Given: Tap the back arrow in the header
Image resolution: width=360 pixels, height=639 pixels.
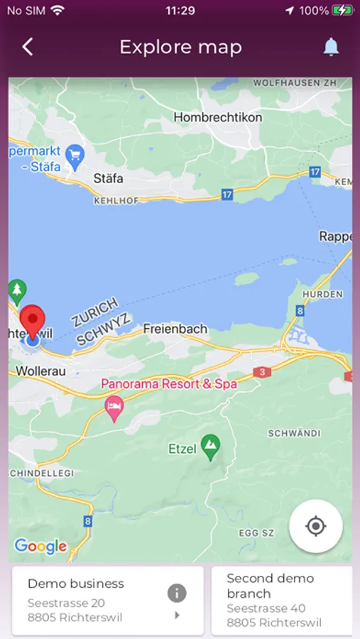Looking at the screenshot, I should click(x=28, y=48).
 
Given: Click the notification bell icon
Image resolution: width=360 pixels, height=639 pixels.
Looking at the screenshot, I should click(x=331, y=48).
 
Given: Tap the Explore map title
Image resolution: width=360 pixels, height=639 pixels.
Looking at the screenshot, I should click(x=180, y=48).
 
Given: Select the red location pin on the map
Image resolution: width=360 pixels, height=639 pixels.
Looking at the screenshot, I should click(x=32, y=321).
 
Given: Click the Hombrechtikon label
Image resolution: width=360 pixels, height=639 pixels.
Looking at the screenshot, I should click(x=217, y=117).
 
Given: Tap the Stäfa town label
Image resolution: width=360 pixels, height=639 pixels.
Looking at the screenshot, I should click(x=108, y=178).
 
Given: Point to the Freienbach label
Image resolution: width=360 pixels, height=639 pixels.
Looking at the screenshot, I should click(x=175, y=329).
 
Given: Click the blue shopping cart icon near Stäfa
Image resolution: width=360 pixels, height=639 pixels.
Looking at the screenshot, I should click(x=75, y=153).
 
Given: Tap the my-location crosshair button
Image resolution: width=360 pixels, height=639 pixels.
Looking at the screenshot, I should click(x=316, y=526).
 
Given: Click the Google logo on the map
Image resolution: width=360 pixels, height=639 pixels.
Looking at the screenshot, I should click(x=40, y=546).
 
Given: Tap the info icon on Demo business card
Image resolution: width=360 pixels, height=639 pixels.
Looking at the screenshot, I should click(x=177, y=593).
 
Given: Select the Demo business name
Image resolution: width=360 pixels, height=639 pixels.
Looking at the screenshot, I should click(x=76, y=584).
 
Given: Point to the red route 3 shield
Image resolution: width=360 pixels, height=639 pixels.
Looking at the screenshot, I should click(x=262, y=372).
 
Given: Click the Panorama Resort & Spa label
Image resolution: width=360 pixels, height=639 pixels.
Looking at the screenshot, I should click(x=169, y=384).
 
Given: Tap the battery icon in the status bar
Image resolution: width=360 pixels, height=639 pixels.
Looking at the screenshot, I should click(x=342, y=11).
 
